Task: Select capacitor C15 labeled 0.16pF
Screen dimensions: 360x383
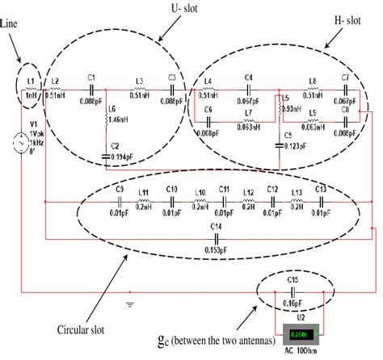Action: coord(293,289)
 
